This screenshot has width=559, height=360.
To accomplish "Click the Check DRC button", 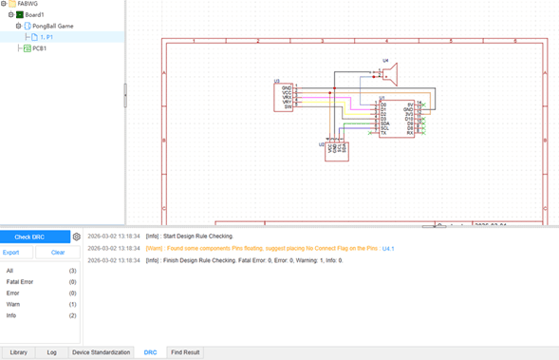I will [29, 237].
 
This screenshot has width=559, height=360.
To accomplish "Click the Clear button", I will [58, 253].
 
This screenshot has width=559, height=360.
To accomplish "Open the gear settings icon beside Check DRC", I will [77, 237].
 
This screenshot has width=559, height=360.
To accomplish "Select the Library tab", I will [18, 352].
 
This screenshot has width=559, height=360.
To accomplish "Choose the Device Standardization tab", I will [102, 352].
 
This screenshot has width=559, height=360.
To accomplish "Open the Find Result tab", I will [185, 352].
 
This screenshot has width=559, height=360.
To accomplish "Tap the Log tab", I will [51, 352].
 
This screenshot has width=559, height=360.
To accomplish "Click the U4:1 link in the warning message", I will [387, 248].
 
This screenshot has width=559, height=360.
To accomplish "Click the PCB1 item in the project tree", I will [40, 47].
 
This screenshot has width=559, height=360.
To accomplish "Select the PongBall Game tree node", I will [53, 26].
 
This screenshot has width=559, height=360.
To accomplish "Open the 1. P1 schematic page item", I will [47, 37].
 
